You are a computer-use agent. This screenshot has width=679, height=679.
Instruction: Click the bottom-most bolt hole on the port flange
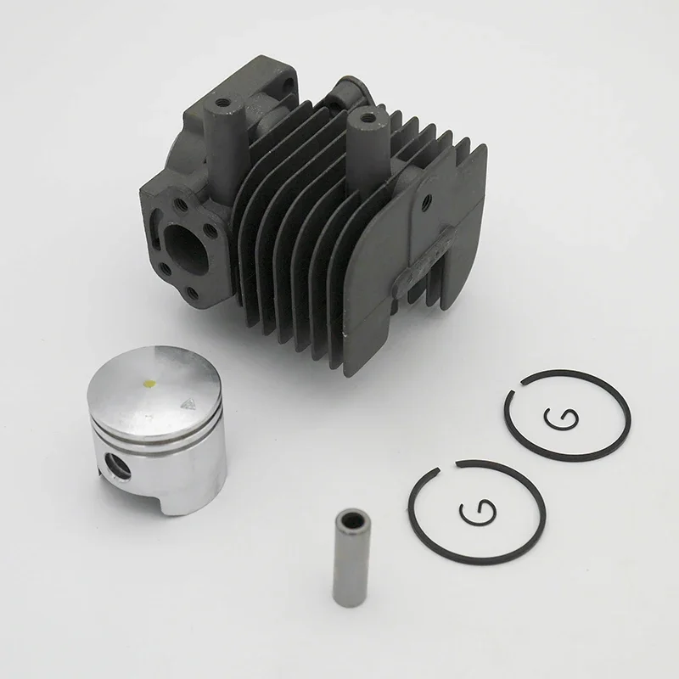point(193,295)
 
